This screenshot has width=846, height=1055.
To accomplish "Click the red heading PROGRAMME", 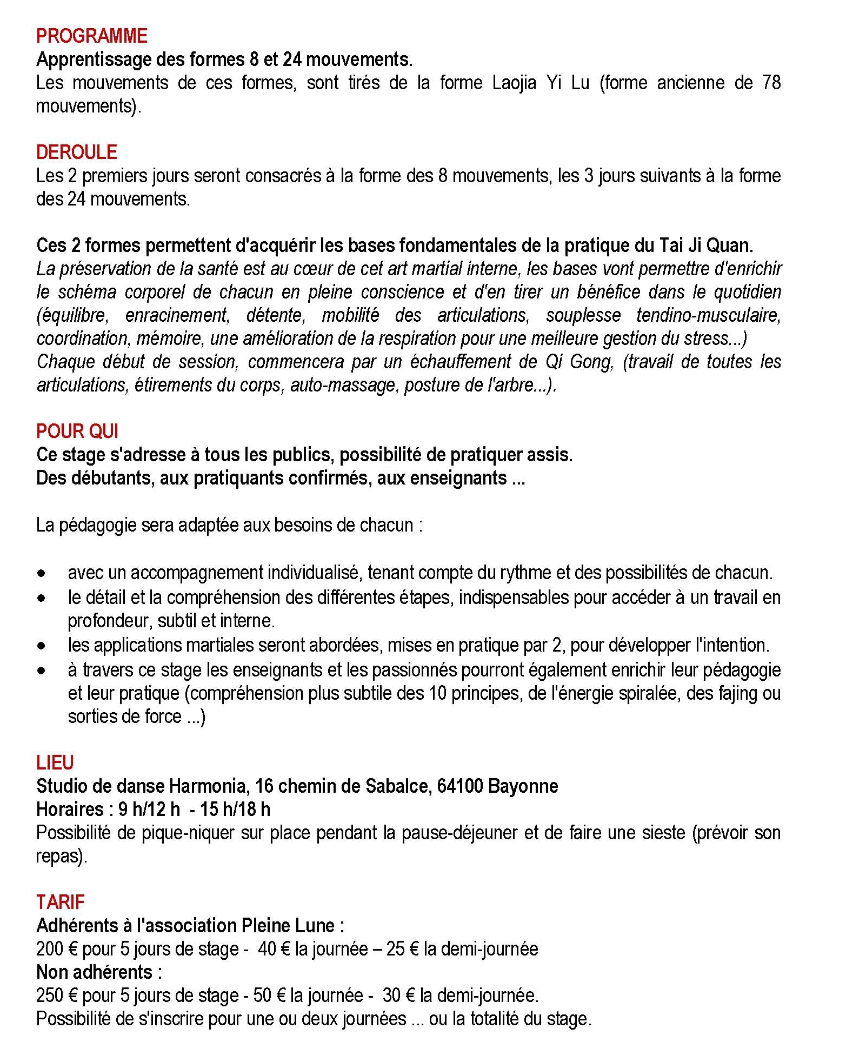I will tap(91, 36).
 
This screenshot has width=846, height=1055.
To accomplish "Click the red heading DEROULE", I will tap(76, 152).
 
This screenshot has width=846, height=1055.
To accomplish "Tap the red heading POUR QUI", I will tap(77, 432).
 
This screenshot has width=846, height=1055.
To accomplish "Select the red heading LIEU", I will tap(55, 763).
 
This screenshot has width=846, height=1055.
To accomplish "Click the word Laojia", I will tap(514, 83).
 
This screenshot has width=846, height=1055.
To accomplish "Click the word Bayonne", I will tap(523, 786).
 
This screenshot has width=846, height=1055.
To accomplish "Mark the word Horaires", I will tap(70, 810).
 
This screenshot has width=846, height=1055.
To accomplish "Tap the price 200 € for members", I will tap(56, 950).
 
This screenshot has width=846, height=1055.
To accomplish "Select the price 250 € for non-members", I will tap(56, 996).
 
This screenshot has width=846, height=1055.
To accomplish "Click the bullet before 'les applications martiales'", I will tap(42, 646).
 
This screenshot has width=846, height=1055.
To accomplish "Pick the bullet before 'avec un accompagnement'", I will tap(42, 573).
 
